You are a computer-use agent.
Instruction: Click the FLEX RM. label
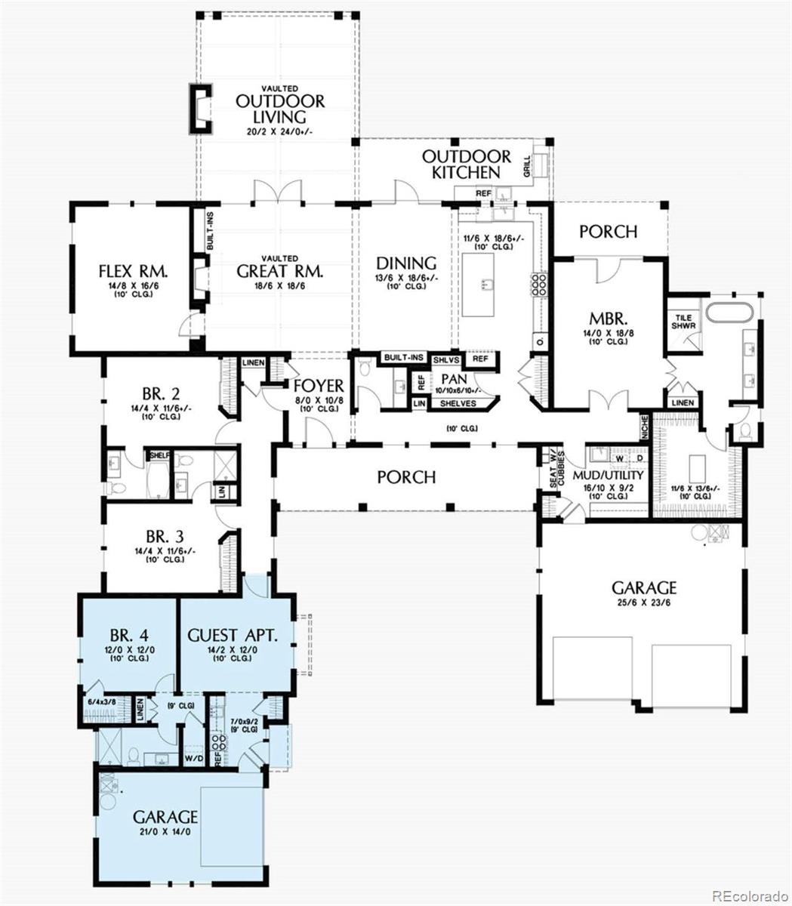133,270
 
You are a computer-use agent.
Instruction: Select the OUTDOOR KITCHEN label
466,165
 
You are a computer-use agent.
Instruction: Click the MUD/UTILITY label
608,476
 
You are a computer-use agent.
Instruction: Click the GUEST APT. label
233,635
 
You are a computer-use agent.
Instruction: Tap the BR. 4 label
126,635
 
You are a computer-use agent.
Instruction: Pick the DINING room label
406,263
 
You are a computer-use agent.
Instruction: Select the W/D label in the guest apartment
193,757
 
